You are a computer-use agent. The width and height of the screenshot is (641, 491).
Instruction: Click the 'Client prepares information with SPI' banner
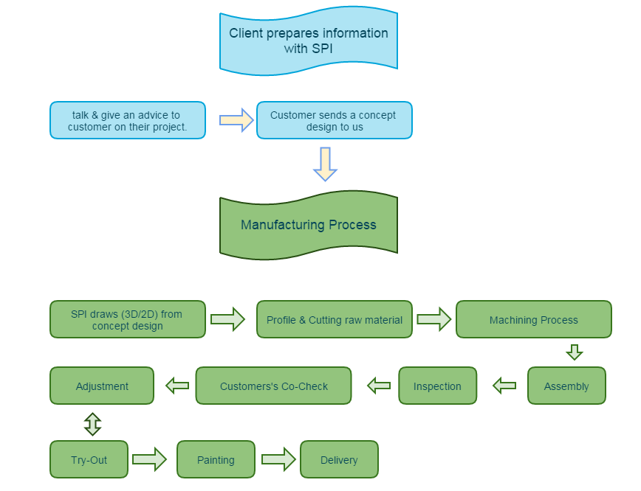(308, 41)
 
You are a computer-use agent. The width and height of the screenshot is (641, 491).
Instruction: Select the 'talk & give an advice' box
(128, 120)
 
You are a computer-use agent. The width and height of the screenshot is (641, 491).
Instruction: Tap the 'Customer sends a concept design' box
(334, 120)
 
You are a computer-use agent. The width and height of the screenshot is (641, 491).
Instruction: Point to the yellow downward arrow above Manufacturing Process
(325, 164)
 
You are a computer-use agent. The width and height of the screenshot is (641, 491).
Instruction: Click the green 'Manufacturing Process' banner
(308, 225)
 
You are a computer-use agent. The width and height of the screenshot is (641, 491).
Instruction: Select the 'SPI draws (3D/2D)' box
(128, 319)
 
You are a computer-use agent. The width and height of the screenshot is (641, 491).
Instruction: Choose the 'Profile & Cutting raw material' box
(334, 319)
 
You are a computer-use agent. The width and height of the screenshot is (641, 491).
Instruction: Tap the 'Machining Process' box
(533, 319)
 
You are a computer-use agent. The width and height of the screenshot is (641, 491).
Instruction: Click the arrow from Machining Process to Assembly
(575, 352)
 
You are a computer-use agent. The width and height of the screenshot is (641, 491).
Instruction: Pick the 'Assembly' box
(566, 386)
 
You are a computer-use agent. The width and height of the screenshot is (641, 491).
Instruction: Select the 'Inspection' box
(437, 386)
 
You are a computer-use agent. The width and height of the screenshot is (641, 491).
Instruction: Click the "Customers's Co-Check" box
(273, 386)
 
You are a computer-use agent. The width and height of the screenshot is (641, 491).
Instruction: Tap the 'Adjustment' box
(102, 386)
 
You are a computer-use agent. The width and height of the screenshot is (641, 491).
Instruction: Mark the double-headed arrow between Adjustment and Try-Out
(92, 423)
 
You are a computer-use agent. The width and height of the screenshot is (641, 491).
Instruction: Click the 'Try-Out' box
(89, 459)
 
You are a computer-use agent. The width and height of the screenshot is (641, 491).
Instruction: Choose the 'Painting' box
(216, 459)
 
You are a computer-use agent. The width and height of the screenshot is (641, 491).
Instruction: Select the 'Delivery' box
(339, 459)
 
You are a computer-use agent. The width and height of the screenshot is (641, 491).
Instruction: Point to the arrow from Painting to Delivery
(278, 459)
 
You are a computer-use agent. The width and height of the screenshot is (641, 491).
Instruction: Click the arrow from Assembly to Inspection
(504, 385)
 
